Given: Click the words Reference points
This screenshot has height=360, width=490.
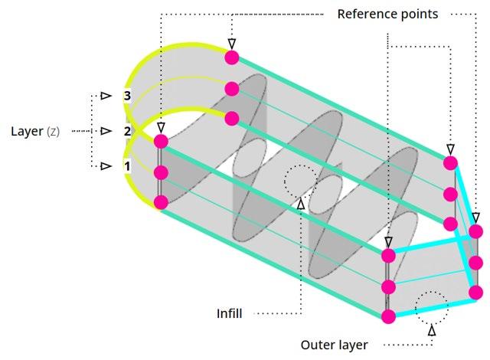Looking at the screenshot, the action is coord(387,15).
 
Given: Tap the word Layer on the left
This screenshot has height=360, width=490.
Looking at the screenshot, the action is coord(27,131).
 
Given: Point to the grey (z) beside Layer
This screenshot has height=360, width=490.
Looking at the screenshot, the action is coord(53,132).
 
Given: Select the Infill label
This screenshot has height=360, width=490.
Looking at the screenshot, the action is coord(230,313).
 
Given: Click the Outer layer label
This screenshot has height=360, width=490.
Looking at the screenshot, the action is coord(334,345).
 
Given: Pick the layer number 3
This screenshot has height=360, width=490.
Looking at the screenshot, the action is coord(127,96).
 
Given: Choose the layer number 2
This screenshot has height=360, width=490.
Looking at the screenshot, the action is coord(127,131).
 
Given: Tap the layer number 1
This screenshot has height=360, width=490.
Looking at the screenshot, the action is coord(127,166).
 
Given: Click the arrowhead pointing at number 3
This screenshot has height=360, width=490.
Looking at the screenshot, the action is coord(106,96).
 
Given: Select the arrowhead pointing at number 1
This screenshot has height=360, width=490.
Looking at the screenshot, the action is coord(106,166).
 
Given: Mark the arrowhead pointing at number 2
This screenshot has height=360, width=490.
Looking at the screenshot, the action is coord(106,131).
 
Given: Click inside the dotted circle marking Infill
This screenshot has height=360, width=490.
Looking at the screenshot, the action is coord(300,181).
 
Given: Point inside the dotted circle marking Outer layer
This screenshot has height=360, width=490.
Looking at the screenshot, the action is coord(431,308).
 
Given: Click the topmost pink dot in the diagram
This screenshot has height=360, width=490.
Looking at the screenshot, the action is coord(232,57).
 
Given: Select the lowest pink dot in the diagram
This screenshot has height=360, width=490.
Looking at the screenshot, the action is coord(388,316).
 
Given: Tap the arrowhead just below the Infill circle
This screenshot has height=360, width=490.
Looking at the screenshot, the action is coord(301,204).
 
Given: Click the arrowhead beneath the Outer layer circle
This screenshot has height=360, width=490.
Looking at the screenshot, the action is coord(432,330).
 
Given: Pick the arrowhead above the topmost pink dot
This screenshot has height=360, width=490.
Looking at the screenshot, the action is coord(232,44).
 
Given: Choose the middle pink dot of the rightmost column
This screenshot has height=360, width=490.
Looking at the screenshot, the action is coord(476,263).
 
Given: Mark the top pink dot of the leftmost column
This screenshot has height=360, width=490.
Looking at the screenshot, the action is coord(161,142).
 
